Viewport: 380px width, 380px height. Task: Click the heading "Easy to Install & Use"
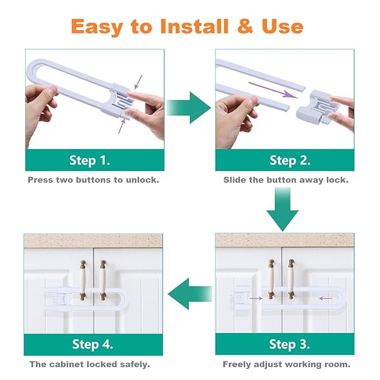point(187,26)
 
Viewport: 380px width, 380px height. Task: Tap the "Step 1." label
point(90,161)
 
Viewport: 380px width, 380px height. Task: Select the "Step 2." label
point(289,161)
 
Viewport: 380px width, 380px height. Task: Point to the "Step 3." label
point(289,344)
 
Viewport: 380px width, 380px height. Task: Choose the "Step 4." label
point(92,344)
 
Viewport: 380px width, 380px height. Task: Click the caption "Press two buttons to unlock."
point(93,180)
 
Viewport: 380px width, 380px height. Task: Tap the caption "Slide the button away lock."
point(285,180)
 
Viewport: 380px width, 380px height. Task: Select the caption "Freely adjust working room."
point(287,364)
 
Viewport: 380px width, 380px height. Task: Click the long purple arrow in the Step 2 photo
point(273,90)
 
